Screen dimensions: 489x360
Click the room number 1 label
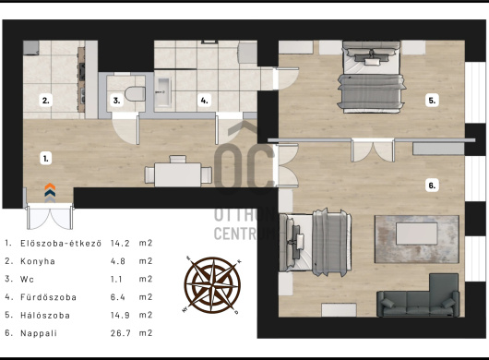pyautogui.click(x=46, y=158)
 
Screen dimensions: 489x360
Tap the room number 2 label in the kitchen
pyautogui.click(x=46, y=101)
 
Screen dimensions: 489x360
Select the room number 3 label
pyautogui.click(x=116, y=101)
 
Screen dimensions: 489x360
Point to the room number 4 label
pyautogui.click(x=204, y=101)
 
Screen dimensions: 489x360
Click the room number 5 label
pyautogui.click(x=432, y=101)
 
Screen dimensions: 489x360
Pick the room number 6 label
pyautogui.click(x=432, y=186)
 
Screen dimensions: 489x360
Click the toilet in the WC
pyautogui.click(x=135, y=93)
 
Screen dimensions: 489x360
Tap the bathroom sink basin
pyautogui.click(x=163, y=90)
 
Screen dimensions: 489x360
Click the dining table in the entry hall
pyautogui.click(x=178, y=174)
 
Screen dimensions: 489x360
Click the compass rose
pyautogui.click(x=212, y=285)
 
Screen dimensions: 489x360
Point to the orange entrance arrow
pyautogui.click(x=50, y=186)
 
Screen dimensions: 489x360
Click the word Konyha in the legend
pyautogui.click(x=38, y=261)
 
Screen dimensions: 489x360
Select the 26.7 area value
pyautogui.click(x=120, y=333)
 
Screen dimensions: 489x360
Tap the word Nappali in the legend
pyautogui.click(x=39, y=333)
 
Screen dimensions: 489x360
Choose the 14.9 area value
pyautogui.click(x=120, y=315)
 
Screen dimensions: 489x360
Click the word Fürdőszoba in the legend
pyautogui.click(x=48, y=297)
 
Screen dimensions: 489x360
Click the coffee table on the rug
pyautogui.click(x=417, y=234)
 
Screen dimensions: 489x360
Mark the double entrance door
pyautogui.click(x=50, y=216)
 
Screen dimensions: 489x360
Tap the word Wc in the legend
pyautogui.click(x=27, y=279)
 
